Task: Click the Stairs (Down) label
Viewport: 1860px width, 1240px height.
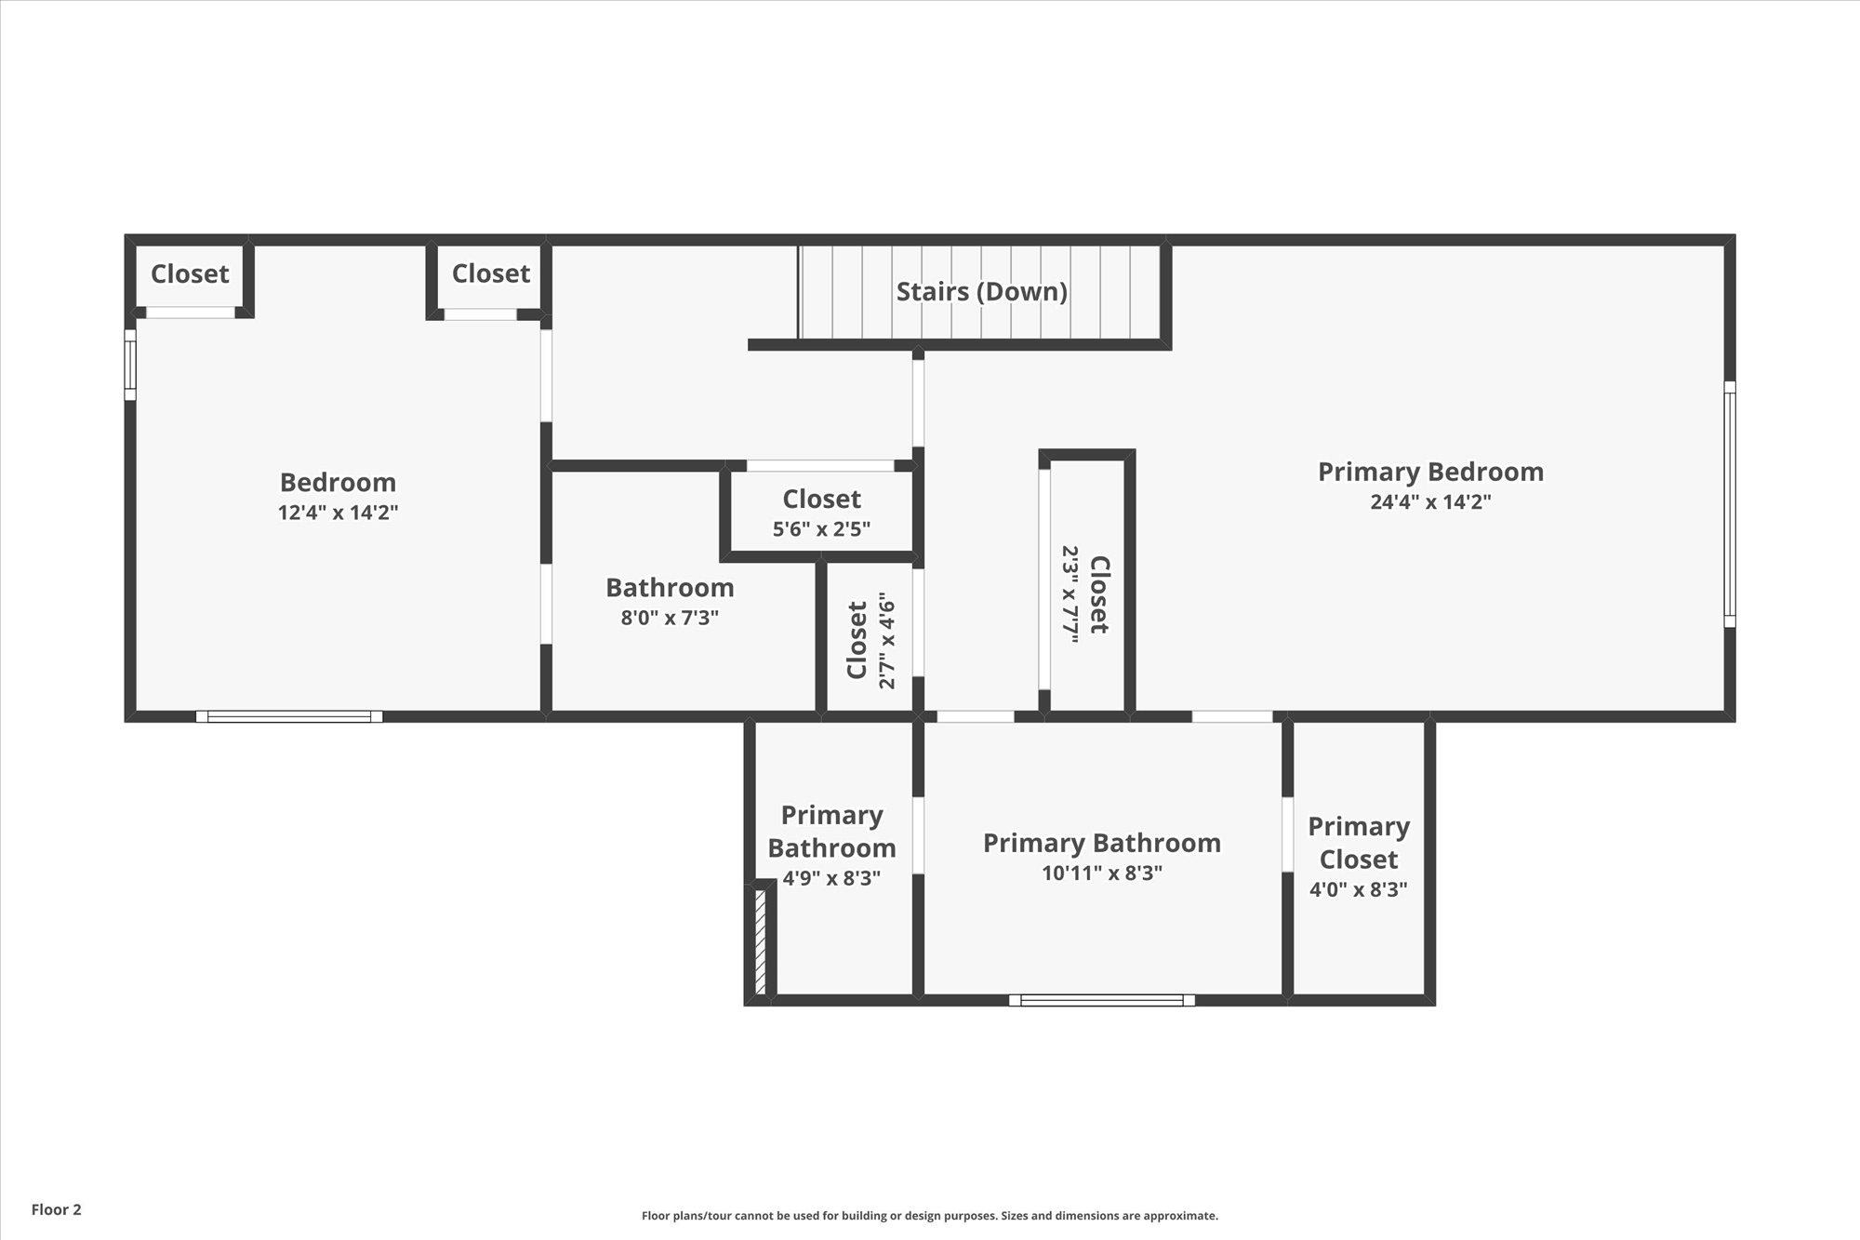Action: [x=981, y=292]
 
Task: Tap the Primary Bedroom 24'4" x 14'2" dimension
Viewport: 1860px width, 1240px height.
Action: [x=1430, y=502]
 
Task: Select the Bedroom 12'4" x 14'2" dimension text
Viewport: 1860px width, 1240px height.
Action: [x=338, y=513]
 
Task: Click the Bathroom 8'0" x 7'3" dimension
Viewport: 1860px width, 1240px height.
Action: [x=670, y=618]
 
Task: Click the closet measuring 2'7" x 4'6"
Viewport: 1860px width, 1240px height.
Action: [x=870, y=641]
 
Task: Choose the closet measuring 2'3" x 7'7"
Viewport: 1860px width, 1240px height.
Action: [x=1085, y=595]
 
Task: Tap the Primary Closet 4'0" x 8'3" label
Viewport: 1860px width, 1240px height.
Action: [x=1358, y=857]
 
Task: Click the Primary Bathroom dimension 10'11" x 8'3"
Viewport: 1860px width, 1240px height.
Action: [x=1102, y=873]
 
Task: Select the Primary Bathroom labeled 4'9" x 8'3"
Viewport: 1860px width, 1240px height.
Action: [x=831, y=846]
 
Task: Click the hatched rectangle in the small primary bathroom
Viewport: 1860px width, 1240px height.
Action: [x=760, y=941]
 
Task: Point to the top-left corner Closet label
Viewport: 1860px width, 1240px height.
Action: [x=190, y=274]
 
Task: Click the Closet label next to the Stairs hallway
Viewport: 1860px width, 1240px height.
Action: [x=490, y=273]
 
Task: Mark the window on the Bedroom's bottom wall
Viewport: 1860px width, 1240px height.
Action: [x=289, y=716]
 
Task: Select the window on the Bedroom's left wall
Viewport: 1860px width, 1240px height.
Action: [x=130, y=365]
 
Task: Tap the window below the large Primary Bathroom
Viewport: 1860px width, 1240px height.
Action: [x=1101, y=1000]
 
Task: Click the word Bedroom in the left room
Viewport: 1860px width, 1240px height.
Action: [x=338, y=483]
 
